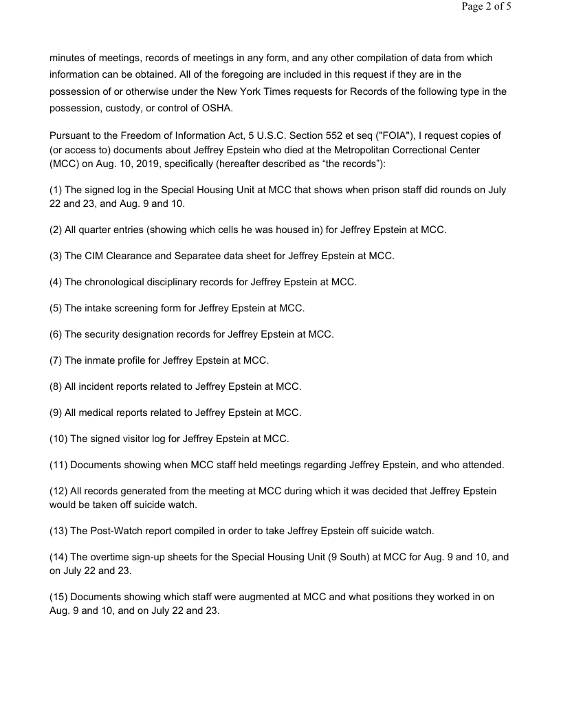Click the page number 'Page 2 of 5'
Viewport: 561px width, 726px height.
(486, 7)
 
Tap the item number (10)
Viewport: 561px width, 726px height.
(58, 439)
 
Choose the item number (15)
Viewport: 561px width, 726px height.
(58, 597)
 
